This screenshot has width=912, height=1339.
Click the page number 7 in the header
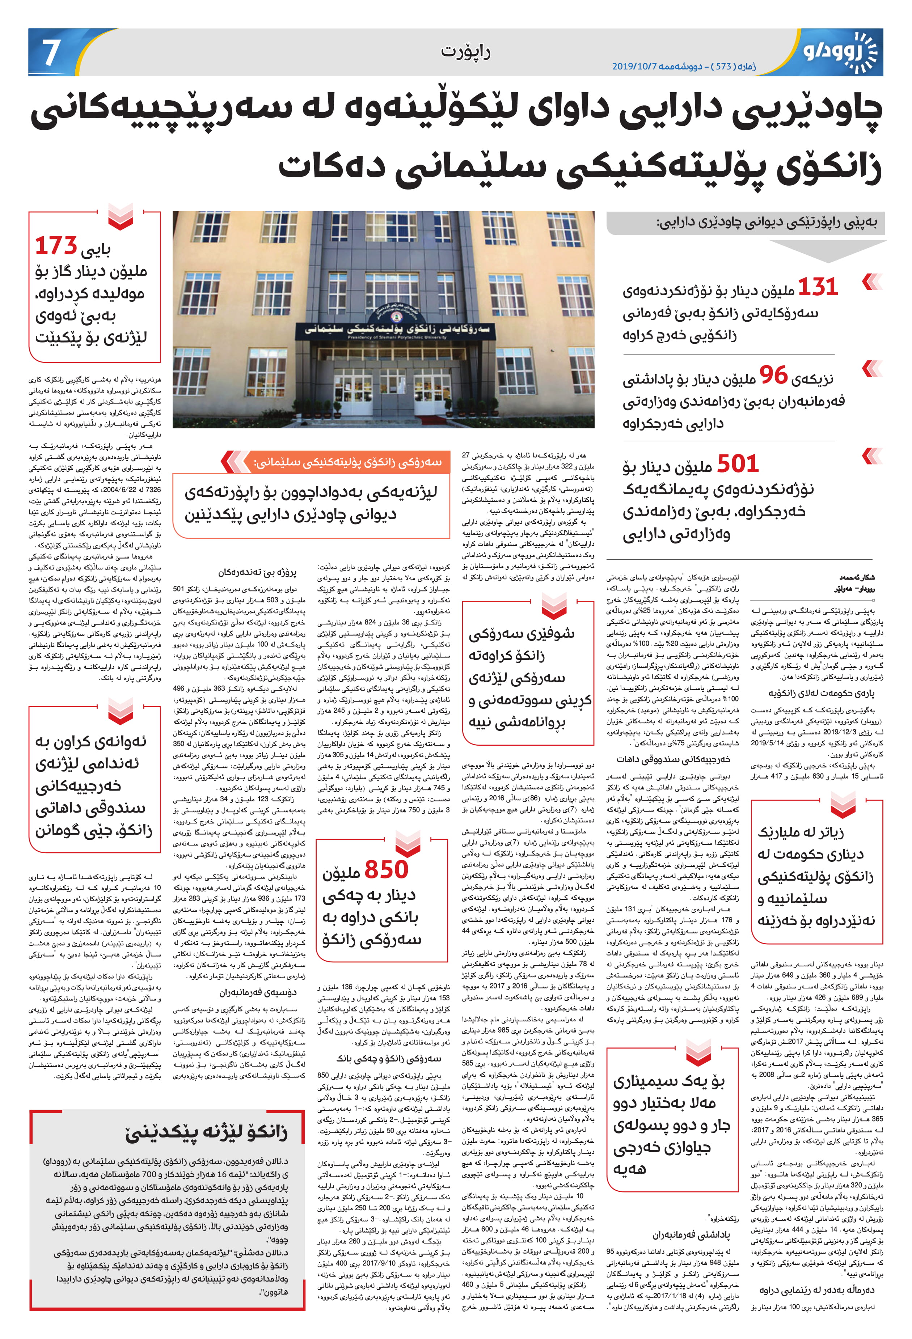51,52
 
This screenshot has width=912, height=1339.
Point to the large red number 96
773,375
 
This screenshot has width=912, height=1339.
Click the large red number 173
56,246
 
